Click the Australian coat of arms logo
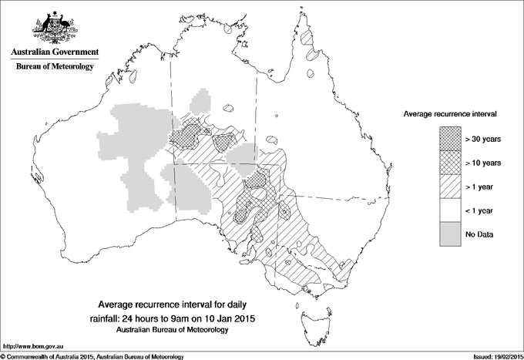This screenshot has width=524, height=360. tap(54, 27)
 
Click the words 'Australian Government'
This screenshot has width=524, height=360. tap(54, 52)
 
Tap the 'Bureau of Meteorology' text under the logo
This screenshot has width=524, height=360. tap(54, 66)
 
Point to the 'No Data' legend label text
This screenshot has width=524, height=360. tap(479, 234)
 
